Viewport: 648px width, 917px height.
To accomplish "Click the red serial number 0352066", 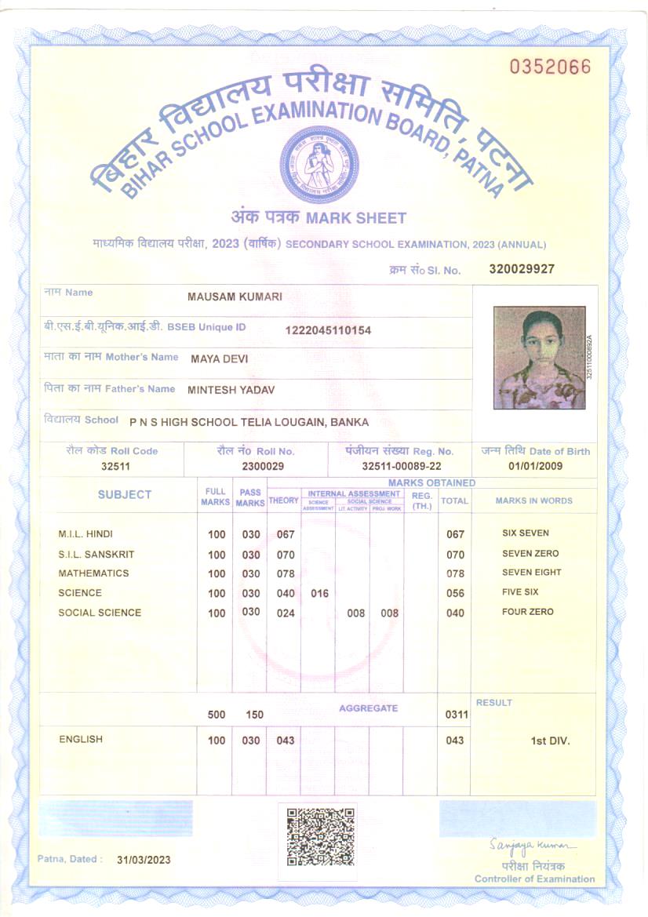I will [550, 67].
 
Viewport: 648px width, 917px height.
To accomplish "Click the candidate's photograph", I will [539, 357].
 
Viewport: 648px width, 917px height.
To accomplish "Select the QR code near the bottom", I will [320, 836].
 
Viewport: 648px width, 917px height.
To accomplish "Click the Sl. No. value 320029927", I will [522, 269].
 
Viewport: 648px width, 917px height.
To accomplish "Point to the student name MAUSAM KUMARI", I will [235, 297].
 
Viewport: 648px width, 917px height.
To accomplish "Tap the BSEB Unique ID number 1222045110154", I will [328, 330].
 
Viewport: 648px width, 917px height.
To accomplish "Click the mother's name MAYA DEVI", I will [219, 358].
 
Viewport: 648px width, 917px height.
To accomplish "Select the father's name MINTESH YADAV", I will [231, 389].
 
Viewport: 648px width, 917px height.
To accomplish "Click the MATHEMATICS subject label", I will [93, 573].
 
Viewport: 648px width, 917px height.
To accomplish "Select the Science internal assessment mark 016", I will [319, 594].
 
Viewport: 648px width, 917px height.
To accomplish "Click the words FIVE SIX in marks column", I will [520, 592].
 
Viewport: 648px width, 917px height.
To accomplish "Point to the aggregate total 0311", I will [457, 715].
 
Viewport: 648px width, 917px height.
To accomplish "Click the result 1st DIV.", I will [550, 741].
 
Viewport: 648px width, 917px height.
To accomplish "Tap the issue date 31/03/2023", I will [144, 860].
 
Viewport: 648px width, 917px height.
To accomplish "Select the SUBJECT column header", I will [125, 495].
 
